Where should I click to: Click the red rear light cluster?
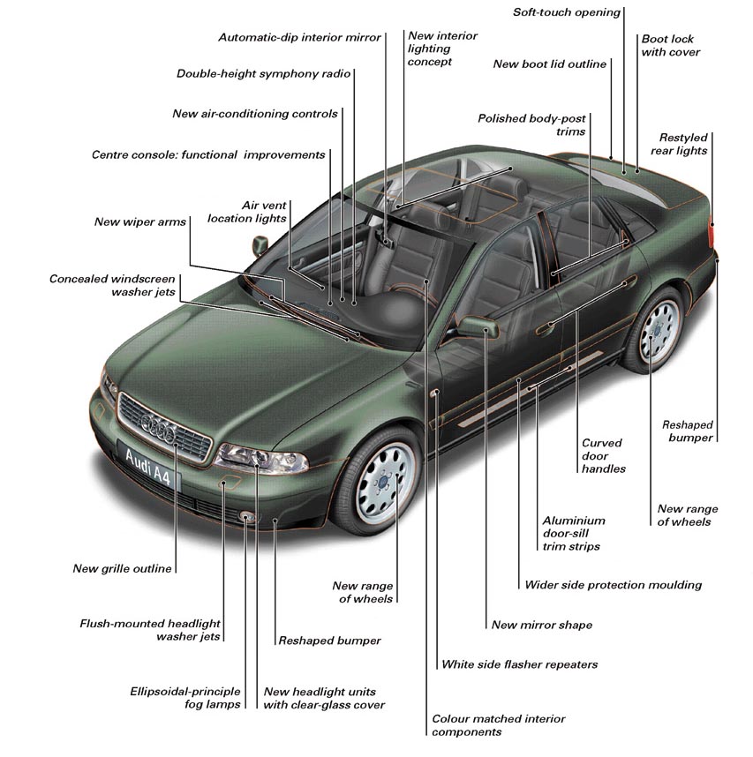pos(712,235)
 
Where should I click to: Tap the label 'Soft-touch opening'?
pos(567,12)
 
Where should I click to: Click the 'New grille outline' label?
pos(122,569)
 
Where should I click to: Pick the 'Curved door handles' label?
pos(603,456)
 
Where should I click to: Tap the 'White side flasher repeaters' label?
pos(519,664)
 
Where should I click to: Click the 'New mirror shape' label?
pos(541,625)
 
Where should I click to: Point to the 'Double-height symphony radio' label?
pos(263,73)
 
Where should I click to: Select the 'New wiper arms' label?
pos(139,221)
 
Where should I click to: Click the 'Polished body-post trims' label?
pos(531,124)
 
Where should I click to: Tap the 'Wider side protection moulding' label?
pos(613,584)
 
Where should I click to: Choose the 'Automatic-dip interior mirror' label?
pos(299,37)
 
